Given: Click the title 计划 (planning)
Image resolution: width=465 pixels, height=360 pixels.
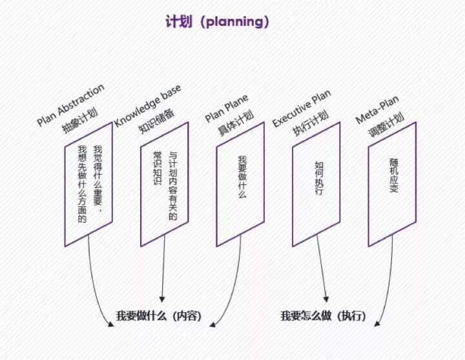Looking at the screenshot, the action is (x=216, y=22).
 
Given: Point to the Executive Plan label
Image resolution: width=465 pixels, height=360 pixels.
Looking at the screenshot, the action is (x=301, y=109).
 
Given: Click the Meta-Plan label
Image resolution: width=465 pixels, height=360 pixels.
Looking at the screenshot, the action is (x=377, y=111).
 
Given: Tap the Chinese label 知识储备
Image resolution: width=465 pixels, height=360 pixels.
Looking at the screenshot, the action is (x=156, y=121).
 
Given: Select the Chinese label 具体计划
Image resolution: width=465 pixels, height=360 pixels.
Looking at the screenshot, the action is (x=235, y=123).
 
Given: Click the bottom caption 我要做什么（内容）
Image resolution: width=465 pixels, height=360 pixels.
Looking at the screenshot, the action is (x=159, y=316).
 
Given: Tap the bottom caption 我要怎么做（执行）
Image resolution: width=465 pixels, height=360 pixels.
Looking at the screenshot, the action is (x=323, y=316).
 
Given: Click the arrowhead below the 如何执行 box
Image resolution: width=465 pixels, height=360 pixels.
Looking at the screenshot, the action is (x=326, y=299).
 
